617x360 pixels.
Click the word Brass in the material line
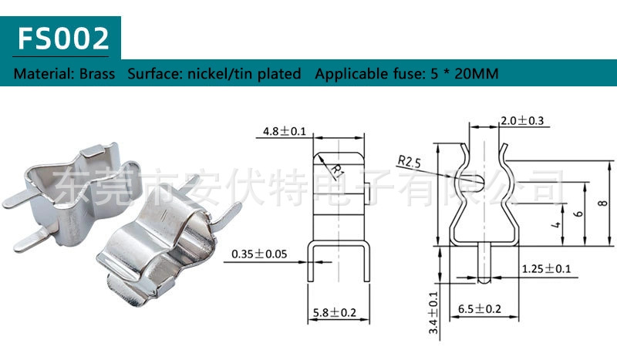click(97, 75)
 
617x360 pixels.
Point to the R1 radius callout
click(337, 169)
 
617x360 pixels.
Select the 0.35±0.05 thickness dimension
click(260, 253)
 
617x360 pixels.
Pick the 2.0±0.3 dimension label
click(522, 121)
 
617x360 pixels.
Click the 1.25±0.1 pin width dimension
click(546, 268)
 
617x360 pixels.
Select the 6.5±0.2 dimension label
click(480, 309)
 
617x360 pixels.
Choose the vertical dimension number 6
click(578, 214)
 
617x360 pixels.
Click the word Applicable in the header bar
click(350, 75)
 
